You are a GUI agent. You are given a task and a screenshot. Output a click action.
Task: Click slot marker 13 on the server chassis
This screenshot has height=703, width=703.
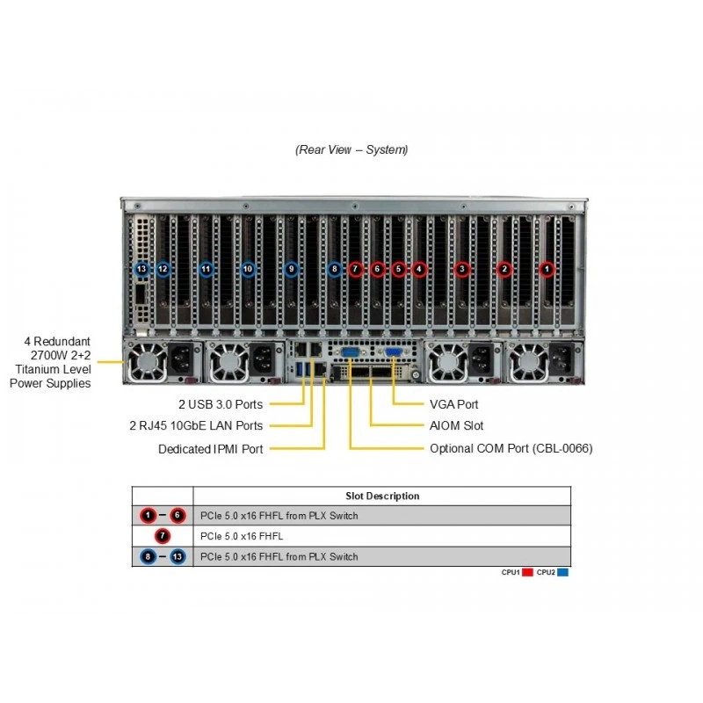coord(141,269)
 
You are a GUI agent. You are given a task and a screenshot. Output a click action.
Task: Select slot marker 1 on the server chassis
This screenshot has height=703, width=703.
coord(547,270)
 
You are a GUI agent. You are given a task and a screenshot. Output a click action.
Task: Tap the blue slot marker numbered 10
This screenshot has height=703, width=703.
coord(248,269)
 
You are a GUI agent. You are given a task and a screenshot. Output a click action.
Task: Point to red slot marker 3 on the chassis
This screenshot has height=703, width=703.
coord(462,270)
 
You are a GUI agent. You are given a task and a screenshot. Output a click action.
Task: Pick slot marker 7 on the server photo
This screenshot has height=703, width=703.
coord(356,269)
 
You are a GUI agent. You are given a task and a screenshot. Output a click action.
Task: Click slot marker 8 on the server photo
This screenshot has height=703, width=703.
coord(334,269)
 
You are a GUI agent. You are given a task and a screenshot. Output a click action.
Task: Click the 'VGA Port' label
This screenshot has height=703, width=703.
coord(453,404)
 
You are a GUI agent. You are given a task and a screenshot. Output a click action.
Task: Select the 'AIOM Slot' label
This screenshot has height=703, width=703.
coord(456,425)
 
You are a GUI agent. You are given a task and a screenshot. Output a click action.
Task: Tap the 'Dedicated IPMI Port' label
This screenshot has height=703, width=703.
coord(211,449)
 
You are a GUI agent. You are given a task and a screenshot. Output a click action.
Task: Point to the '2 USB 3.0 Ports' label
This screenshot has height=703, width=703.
coord(221,404)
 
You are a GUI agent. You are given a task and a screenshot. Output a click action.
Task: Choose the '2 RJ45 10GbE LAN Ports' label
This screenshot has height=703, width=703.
coord(196,425)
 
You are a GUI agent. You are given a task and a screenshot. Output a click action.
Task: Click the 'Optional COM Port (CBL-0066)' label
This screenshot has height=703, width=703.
coord(511,448)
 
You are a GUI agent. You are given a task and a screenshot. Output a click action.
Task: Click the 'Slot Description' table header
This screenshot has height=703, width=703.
coord(382,496)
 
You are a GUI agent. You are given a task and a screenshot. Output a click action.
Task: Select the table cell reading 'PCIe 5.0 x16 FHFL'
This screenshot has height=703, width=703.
coord(242,536)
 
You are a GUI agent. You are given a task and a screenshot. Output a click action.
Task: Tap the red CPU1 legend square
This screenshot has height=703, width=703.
coord(527,572)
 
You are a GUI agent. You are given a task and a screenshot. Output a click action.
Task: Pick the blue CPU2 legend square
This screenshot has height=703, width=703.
coord(562,572)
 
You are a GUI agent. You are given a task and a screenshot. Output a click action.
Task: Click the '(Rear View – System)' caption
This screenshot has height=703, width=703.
coord(351,149)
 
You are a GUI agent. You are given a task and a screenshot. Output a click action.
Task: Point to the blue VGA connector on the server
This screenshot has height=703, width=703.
coord(393,352)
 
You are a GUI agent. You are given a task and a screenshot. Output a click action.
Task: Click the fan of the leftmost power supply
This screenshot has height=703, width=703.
coord(147,361)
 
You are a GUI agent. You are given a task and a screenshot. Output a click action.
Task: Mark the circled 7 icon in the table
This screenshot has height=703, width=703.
coord(163,536)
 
